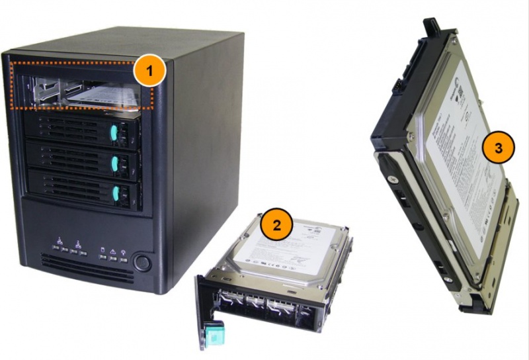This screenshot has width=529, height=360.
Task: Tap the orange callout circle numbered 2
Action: (x=276, y=224)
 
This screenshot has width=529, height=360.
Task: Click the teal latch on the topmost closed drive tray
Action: (x=114, y=134)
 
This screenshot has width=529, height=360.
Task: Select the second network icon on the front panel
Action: (x=78, y=246)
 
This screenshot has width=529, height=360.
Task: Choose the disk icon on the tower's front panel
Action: (x=103, y=250)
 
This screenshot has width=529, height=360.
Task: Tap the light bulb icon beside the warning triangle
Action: (x=123, y=252)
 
